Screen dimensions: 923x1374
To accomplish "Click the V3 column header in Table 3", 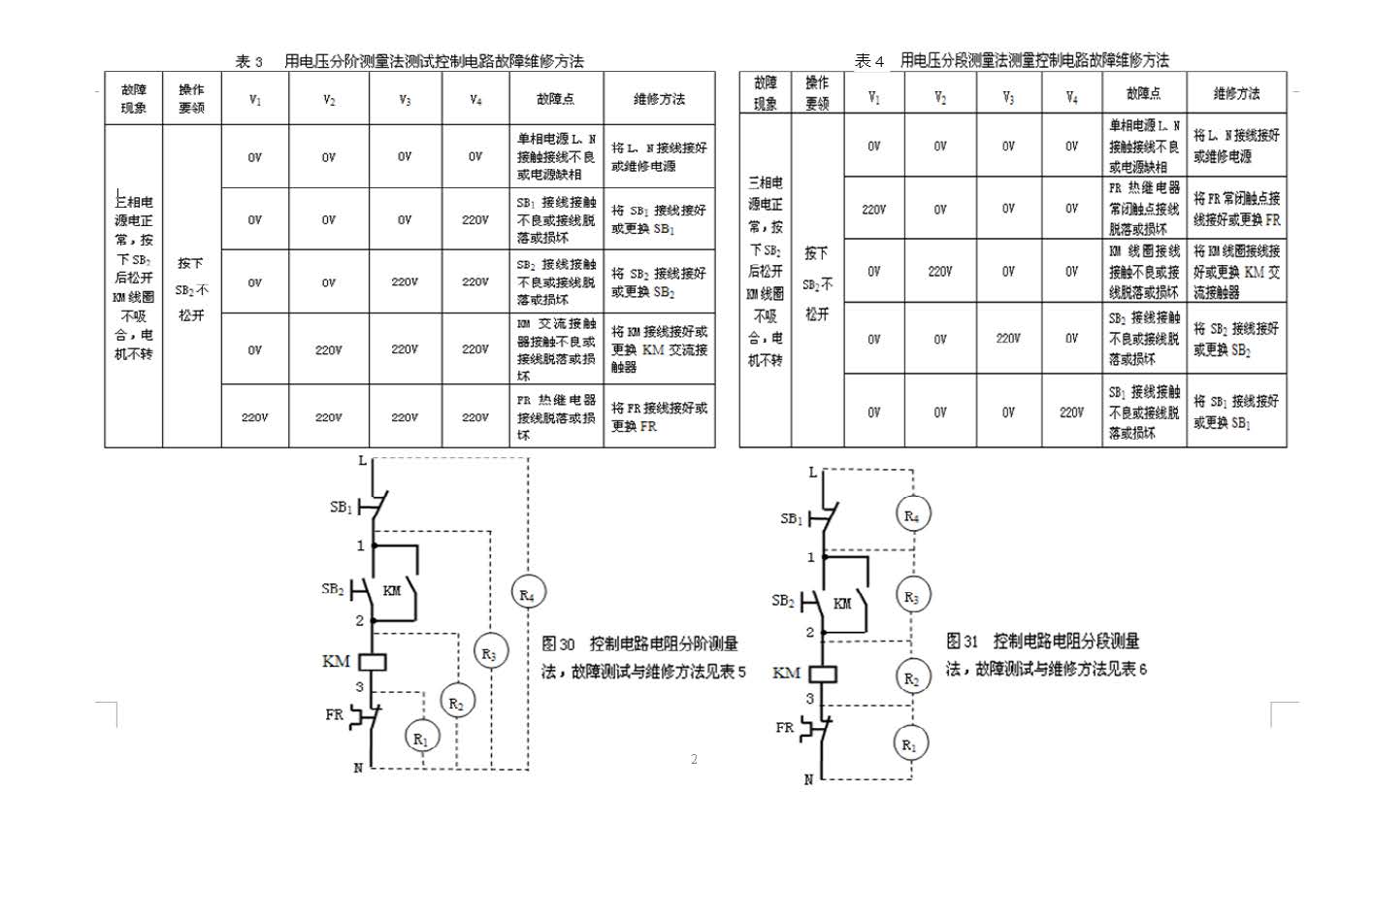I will pyautogui.click(x=405, y=99).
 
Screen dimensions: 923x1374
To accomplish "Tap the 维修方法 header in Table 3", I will pyautogui.click(x=659, y=99).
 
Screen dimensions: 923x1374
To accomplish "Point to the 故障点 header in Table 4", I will pyautogui.click(x=1143, y=94).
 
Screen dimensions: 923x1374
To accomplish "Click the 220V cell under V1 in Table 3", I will pyautogui.click(x=254, y=417).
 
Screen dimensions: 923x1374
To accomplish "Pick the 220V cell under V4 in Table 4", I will pyautogui.click(x=1071, y=412).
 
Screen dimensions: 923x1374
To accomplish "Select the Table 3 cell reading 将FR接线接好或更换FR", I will pyautogui.click(x=659, y=417).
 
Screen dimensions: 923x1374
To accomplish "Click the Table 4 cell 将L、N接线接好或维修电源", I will pyautogui.click(x=1236, y=146).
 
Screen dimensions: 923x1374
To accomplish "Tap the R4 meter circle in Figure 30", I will pyautogui.click(x=528, y=594).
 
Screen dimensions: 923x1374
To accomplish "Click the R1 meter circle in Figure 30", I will pyautogui.click(x=420, y=739).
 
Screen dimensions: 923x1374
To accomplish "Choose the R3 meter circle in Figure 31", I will pyautogui.click(x=911, y=597).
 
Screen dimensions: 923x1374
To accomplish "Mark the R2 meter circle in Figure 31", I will pyautogui.click(x=911, y=679).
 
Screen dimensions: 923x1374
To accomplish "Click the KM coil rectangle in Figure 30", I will pyautogui.click(x=374, y=662).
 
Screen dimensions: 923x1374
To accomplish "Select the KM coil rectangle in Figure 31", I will pyautogui.click(x=824, y=673).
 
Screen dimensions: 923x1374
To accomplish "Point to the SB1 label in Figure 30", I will pyautogui.click(x=341, y=508).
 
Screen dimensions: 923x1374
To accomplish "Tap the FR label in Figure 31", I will pyautogui.click(x=784, y=727).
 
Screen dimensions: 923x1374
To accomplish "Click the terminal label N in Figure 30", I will pyautogui.click(x=358, y=768).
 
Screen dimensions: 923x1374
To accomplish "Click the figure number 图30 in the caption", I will pyautogui.click(x=558, y=643).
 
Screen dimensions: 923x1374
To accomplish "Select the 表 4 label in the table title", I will pyautogui.click(x=868, y=61).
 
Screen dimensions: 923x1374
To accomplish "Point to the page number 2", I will pyautogui.click(x=694, y=759).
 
